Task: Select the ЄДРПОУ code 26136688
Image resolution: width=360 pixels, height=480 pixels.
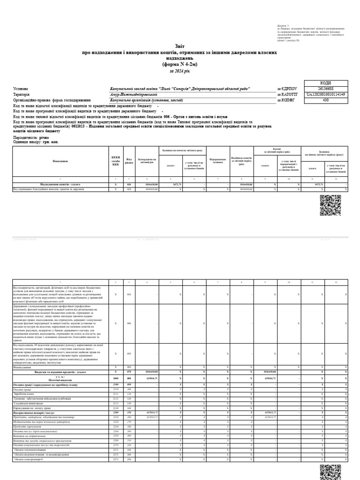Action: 325,88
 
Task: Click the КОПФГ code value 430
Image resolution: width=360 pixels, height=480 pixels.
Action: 325,100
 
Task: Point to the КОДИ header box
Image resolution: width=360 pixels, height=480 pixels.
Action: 325,82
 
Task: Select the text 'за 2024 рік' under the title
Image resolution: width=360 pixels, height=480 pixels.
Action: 180,71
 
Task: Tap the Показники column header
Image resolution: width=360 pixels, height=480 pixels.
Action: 60,162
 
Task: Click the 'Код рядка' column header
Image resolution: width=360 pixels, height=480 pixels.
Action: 129,162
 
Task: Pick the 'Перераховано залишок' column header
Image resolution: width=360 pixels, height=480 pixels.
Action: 218,162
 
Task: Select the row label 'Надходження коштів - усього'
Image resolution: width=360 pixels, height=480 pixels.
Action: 60,185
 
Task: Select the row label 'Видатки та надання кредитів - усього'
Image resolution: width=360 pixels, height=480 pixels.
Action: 60,384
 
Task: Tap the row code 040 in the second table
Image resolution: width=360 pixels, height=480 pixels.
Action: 129,323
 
